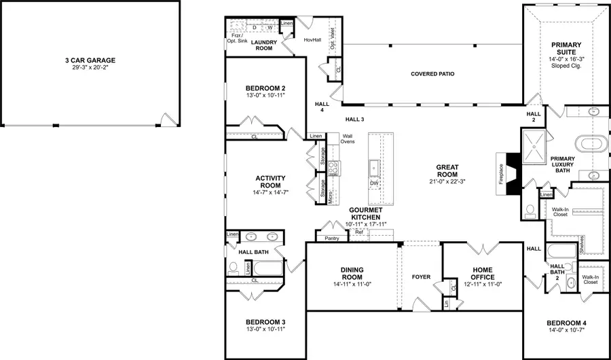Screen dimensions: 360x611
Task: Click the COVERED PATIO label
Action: tap(432, 74)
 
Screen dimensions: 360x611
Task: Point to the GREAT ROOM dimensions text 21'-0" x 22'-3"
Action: tap(447, 181)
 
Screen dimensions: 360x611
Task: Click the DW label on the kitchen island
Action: tap(373, 183)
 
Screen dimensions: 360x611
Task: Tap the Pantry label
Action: tap(332, 238)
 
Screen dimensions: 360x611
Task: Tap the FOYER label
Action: tap(421, 277)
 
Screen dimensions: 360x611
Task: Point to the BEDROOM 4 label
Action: tap(565, 323)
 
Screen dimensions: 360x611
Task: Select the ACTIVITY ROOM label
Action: tap(270, 182)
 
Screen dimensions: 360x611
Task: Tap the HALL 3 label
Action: tap(354, 120)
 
